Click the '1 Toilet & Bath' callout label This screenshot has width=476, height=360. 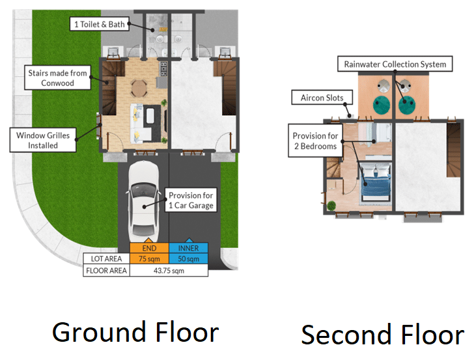coord(99,24)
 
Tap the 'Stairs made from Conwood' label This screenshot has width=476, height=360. coord(57,77)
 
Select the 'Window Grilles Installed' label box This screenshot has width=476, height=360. coord(43,140)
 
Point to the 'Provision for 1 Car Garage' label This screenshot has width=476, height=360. coord(191,200)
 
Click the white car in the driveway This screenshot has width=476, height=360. coord(143,202)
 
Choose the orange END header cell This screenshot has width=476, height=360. coord(149,248)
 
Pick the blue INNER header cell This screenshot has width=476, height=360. coord(189,248)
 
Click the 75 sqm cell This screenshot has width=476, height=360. coord(149,258)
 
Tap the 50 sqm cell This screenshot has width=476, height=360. coord(189,258)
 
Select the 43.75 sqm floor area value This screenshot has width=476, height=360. coord(169,270)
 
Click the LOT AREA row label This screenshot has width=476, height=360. coord(106,258)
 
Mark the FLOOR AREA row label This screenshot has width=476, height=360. coord(106,270)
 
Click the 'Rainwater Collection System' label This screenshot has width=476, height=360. coord(395,64)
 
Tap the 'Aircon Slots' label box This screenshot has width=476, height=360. coord(322,98)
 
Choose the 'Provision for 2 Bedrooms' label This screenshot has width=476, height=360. coord(315,141)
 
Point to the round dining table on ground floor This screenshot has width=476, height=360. coord(139,89)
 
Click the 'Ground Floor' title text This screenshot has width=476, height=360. coord(135,333)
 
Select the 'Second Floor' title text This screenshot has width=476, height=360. coord(383,335)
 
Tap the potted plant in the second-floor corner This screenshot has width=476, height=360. coord(331,206)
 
